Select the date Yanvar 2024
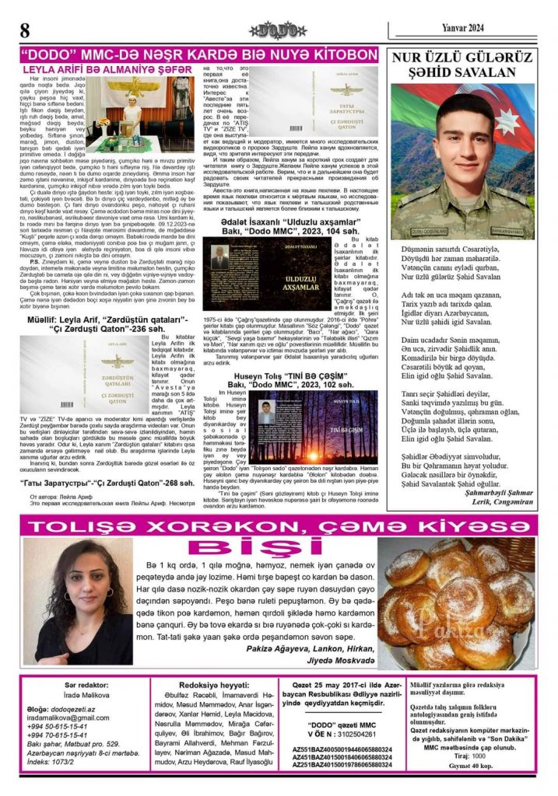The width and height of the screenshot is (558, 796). tap(465, 28)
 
